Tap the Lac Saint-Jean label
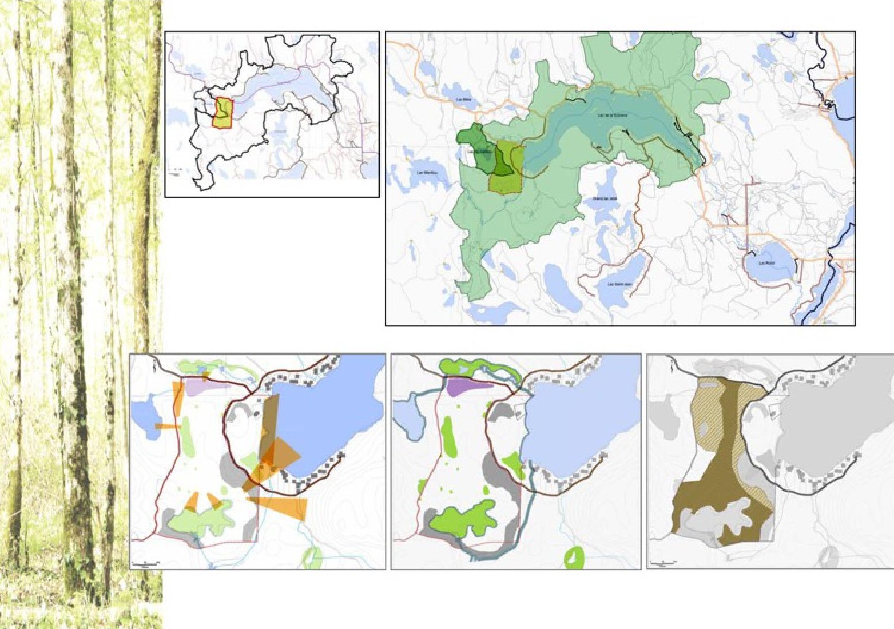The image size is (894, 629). pyautogui.click(x=619, y=284)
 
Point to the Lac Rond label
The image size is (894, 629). pyautogui.click(x=766, y=263)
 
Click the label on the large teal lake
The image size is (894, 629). pyautogui.click(x=613, y=115)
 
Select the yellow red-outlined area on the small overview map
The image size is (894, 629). pyautogui.click(x=224, y=112)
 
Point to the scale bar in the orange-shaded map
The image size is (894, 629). pyautogui.click(x=145, y=563)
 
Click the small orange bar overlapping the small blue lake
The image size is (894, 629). pyautogui.click(x=168, y=427)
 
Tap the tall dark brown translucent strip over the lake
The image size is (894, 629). pyautogui.click(x=269, y=423)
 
